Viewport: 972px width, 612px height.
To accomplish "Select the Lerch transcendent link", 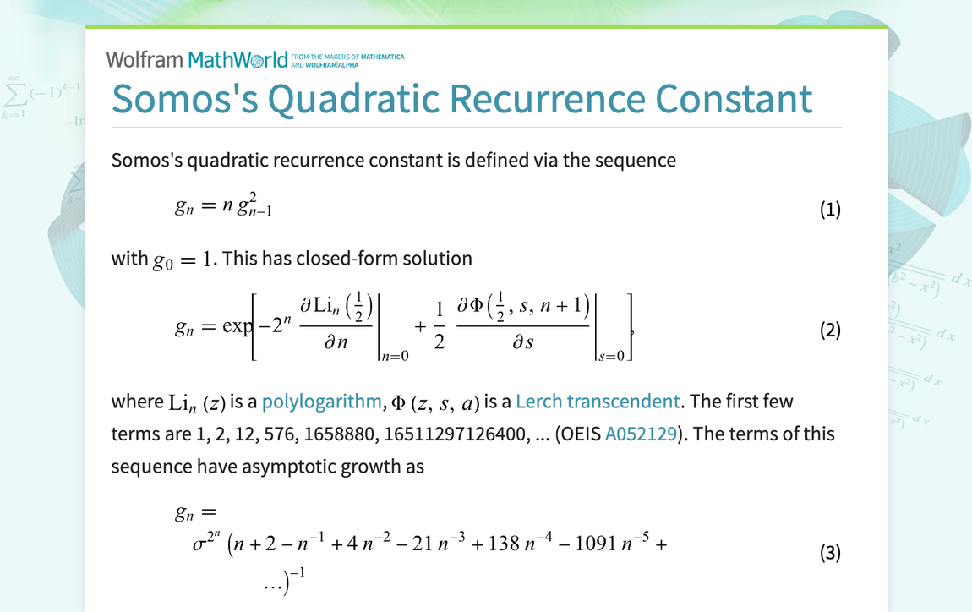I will pyautogui.click(x=598, y=402).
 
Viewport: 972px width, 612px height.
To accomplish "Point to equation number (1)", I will pyautogui.click(x=830, y=210).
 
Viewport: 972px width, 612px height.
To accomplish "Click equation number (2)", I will pyautogui.click(x=830, y=330).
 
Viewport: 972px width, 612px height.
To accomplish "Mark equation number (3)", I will pyautogui.click(x=830, y=554).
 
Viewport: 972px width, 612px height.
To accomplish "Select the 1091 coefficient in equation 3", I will pyautogui.click(x=593, y=544).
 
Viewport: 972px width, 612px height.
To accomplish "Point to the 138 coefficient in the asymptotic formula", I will pyautogui.click(x=504, y=544).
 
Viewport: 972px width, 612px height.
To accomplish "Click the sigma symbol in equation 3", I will pyautogui.click(x=199, y=544).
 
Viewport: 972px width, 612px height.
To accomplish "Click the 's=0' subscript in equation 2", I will pyautogui.click(x=613, y=357).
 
